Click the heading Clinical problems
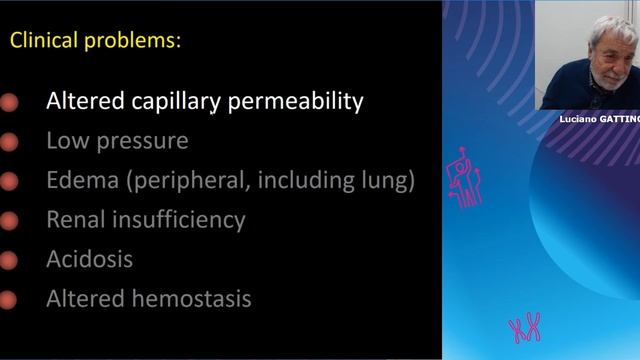[x=94, y=42]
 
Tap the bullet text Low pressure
[x=117, y=141]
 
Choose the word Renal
[x=77, y=219]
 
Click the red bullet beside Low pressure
[x=9, y=142]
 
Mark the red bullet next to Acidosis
[x=9, y=260]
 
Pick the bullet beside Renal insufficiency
[x=9, y=220]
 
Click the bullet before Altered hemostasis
[x=9, y=299]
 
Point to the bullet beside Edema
[x=9, y=182]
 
